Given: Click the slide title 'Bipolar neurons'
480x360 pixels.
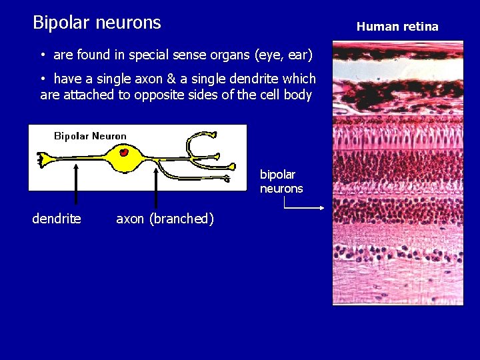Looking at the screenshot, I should tap(97, 23).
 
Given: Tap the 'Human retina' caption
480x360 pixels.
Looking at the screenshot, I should tap(397, 27).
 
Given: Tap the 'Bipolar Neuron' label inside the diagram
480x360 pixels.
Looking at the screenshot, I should tap(90, 136).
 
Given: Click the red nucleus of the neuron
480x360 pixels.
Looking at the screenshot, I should tap(124, 152).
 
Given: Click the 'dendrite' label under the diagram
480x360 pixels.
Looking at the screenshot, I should tap(57, 219).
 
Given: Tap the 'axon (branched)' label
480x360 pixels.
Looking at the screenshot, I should tap(165, 219).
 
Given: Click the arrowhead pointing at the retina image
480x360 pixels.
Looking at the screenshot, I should tap(322, 208).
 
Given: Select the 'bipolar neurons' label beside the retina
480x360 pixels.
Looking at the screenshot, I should tap(281, 181).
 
